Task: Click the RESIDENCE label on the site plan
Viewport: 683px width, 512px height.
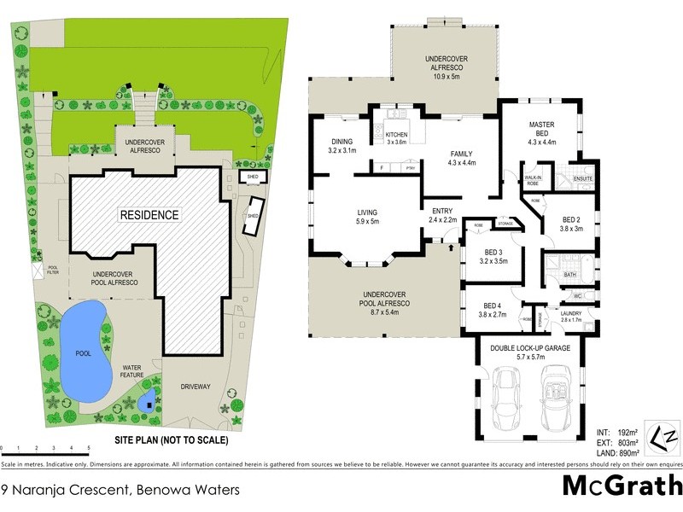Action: tap(149, 215)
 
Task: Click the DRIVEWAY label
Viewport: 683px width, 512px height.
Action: tap(196, 387)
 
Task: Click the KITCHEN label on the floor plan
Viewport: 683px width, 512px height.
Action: tap(397, 136)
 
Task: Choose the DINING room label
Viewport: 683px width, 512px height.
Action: tap(341, 142)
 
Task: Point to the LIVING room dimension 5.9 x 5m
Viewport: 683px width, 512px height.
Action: tap(368, 223)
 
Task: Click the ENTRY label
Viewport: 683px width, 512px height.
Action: tap(442, 211)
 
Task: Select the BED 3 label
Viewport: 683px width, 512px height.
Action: tap(493, 252)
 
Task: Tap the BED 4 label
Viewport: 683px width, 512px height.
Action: tap(493, 305)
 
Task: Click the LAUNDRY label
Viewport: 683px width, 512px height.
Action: tap(570, 313)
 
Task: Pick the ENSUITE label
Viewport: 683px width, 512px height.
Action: tap(584, 178)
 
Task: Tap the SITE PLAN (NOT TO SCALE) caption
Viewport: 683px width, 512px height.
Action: tap(172, 441)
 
